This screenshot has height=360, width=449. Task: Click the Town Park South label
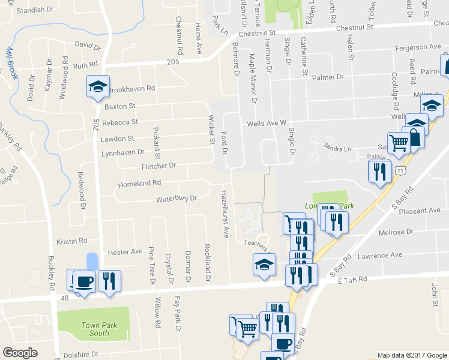coord(95,329)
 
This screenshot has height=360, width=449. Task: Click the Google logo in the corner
coord(20,353)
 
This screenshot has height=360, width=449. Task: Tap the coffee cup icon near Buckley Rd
coord(83,281)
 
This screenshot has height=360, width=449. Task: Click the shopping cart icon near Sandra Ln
coord(399,143)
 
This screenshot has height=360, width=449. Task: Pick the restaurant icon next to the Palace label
coord(379,172)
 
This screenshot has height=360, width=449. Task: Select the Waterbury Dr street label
coord(176,199)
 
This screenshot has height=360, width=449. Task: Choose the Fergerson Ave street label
coord(418,47)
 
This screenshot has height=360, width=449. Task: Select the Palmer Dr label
coord(331,77)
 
